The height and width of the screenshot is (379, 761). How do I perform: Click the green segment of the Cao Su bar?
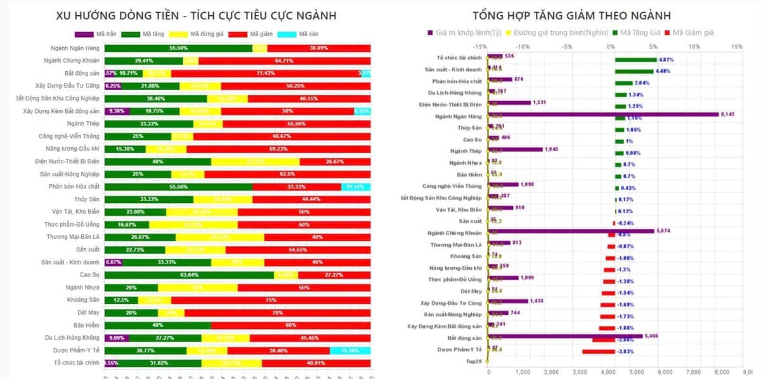[x=189, y=275]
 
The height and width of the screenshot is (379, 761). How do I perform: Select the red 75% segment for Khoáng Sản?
[x=271, y=300]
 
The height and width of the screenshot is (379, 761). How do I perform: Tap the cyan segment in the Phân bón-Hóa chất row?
[x=356, y=187]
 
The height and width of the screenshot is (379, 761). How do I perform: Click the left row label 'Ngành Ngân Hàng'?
[x=75, y=48]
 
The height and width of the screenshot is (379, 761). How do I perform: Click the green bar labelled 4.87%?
[x=635, y=59]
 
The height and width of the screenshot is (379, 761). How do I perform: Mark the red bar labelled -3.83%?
[x=599, y=351]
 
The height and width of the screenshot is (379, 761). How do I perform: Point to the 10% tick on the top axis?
[x=694, y=46]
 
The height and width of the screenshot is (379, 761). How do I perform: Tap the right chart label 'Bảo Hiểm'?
[x=469, y=174]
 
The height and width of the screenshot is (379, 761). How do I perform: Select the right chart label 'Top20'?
[x=474, y=361]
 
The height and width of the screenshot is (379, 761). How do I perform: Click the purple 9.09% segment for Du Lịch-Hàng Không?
[x=117, y=337]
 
